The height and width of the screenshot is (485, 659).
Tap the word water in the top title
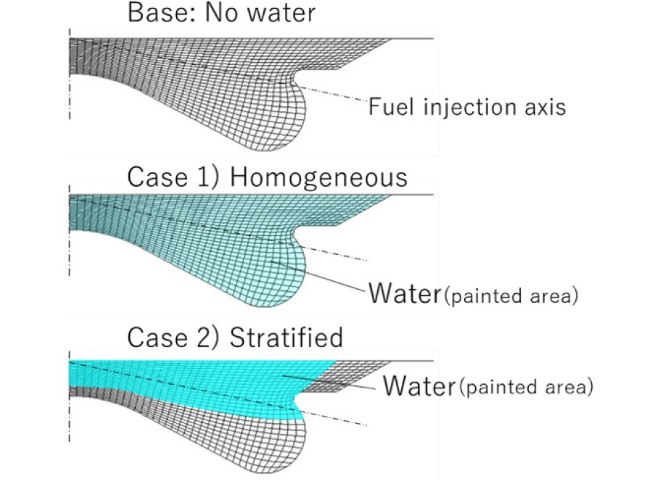[x=281, y=12]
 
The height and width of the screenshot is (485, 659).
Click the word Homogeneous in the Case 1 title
[x=318, y=177]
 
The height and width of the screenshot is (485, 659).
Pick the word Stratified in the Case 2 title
[x=287, y=337]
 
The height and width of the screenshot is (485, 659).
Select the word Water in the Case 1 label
[x=405, y=293]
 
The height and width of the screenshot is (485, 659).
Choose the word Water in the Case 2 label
[x=419, y=385]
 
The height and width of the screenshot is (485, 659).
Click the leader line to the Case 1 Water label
[x=318, y=275]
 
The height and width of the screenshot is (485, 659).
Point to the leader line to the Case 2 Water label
[x=329, y=382]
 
